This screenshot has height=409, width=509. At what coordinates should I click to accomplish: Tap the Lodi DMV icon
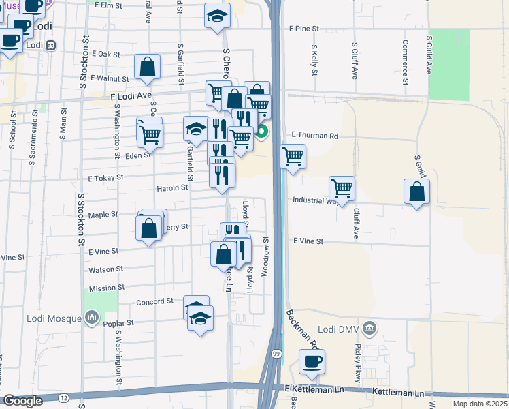click(369, 329)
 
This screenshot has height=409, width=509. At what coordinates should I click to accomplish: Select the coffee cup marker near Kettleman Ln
click(312, 361)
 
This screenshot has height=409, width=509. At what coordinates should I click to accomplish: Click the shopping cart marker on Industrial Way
click(342, 188)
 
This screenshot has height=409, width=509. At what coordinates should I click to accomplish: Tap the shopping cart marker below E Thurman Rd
click(293, 156)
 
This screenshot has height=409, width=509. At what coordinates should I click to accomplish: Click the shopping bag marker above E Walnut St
click(147, 67)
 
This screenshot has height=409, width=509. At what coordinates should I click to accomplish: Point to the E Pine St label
click(303, 29)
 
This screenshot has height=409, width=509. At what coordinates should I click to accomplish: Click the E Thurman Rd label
click(314, 136)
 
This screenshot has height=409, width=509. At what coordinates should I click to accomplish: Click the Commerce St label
click(404, 61)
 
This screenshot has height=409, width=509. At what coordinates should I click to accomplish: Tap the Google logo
click(22, 401)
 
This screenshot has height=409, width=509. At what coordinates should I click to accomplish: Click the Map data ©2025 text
click(479, 403)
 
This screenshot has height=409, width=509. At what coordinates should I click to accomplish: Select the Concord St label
click(155, 301)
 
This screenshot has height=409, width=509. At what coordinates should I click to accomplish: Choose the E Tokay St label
click(105, 177)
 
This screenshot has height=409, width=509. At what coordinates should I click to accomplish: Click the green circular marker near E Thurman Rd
click(261, 130)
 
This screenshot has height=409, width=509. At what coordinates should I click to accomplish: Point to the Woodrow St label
click(267, 253)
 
